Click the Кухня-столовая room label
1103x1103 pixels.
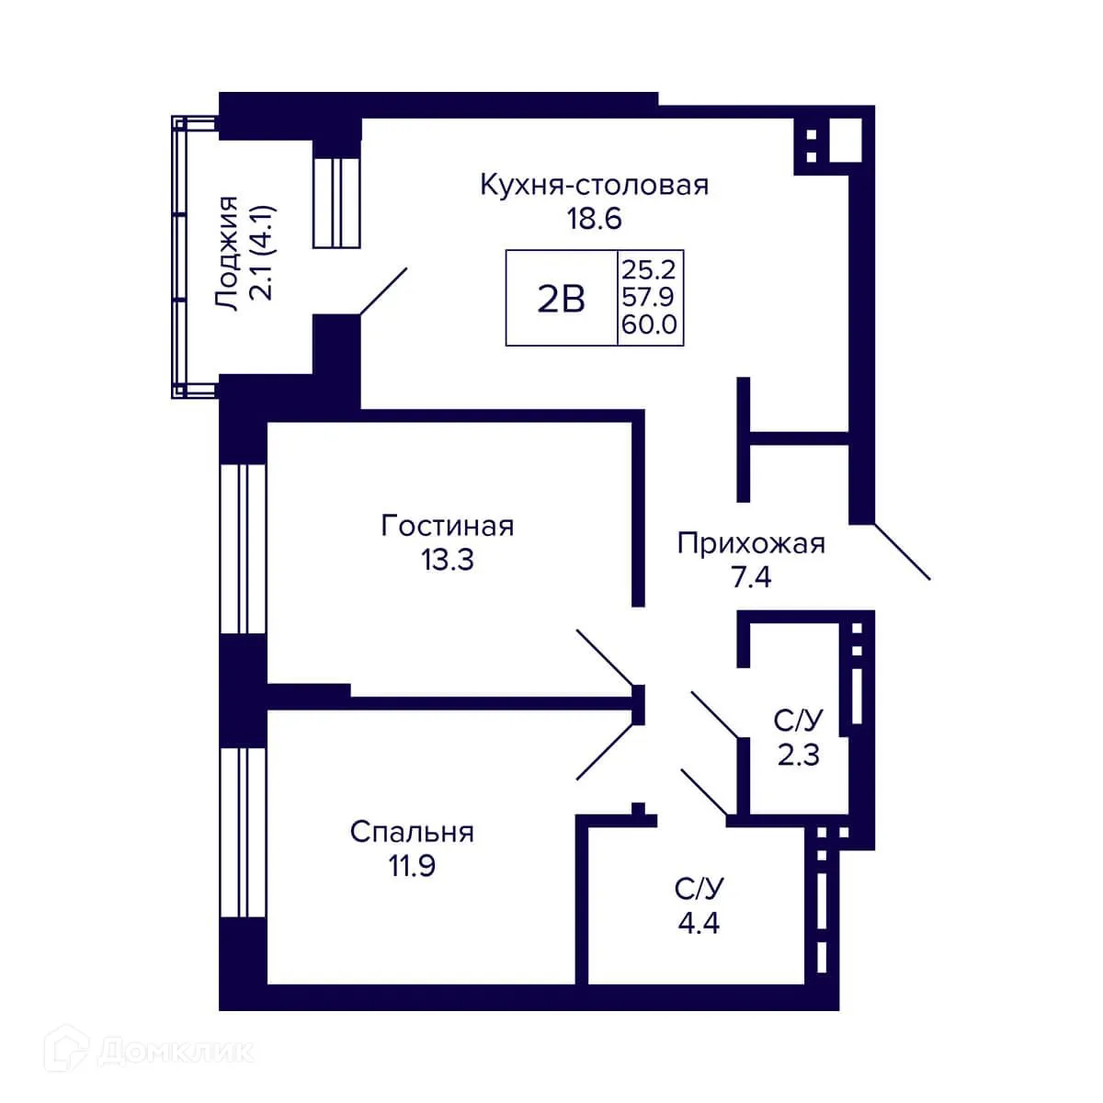click(x=594, y=185)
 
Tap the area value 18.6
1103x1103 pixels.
click(x=594, y=219)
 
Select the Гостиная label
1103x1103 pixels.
click(x=448, y=526)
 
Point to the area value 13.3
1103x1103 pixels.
click(x=448, y=559)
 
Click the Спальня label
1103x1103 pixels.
click(x=412, y=832)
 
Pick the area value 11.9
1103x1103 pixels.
click(x=412, y=865)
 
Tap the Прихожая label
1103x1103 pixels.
click(x=751, y=543)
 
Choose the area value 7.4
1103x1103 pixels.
click(x=751, y=576)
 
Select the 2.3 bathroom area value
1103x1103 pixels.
click(x=798, y=755)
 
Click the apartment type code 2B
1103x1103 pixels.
click(x=561, y=298)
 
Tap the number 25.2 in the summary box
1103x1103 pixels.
click(x=649, y=269)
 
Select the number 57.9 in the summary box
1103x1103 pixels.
click(x=649, y=297)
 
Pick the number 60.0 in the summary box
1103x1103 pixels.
click(x=649, y=324)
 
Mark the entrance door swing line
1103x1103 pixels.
click(x=902, y=551)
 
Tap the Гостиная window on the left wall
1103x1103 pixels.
click(x=243, y=549)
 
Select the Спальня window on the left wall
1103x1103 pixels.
click(x=243, y=832)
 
